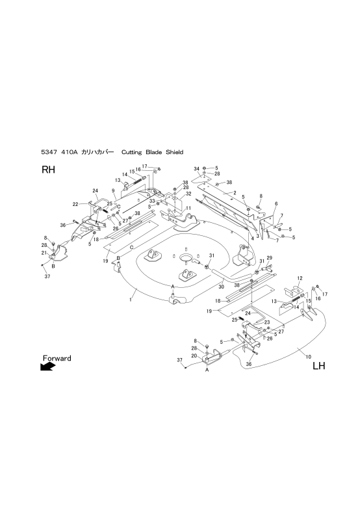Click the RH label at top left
[48, 170]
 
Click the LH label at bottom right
[318, 366]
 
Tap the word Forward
[57, 358]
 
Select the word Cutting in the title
[132, 152]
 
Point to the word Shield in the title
[174, 152]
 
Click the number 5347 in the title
[49, 152]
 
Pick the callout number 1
[131, 300]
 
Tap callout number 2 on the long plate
[235, 193]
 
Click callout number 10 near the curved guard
[308, 356]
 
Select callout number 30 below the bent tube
[221, 287]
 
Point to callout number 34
[196, 169]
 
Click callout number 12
[300, 278]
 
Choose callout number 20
[194, 355]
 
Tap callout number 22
[75, 204]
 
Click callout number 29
[269, 257]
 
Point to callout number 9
[113, 190]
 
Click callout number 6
[276, 204]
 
